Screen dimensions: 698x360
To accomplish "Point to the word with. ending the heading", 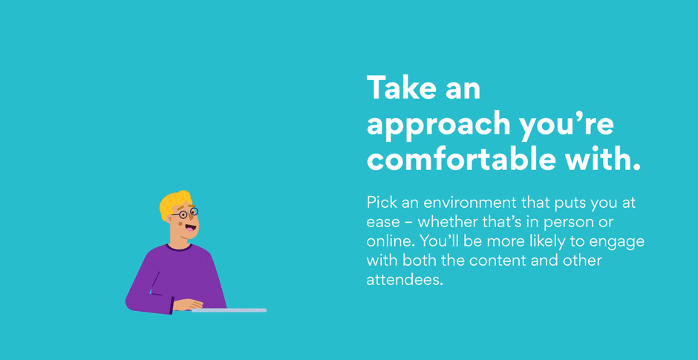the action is point(598,159).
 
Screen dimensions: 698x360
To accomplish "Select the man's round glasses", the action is point(185,214).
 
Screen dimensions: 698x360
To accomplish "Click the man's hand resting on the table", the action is point(188,305).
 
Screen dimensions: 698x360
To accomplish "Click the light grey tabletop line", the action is point(229,310).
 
